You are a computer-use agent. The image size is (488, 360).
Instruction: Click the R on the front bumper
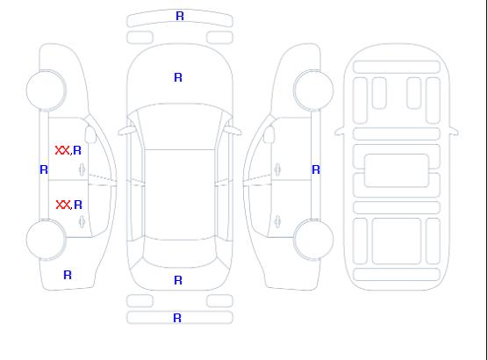(180, 16)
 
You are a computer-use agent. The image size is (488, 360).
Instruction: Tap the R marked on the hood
(178, 77)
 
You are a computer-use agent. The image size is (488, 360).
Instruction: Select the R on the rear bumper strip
(177, 318)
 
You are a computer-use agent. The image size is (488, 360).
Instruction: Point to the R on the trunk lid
(178, 280)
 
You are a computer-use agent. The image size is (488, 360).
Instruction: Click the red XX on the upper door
(62, 150)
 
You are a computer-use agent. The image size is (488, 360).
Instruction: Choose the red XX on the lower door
(63, 205)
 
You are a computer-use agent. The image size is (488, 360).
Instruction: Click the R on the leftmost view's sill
(44, 169)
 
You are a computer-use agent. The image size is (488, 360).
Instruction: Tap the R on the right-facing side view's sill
(316, 169)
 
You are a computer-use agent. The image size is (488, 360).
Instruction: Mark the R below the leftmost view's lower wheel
(68, 275)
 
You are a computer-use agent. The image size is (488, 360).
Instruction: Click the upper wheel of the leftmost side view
(46, 90)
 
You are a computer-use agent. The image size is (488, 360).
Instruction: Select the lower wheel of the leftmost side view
(46, 240)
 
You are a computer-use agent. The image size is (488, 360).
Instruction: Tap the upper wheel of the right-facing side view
(313, 90)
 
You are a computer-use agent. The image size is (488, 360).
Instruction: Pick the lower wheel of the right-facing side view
(313, 240)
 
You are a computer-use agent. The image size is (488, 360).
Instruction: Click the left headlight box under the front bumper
(140, 38)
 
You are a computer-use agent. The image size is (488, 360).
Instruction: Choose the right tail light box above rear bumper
(219, 301)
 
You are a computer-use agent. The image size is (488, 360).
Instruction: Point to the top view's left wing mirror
(126, 131)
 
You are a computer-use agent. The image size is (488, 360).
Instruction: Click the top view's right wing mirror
(233, 131)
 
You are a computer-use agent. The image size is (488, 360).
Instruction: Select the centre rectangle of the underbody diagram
(397, 170)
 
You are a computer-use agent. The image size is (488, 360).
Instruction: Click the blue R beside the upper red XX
(77, 150)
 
